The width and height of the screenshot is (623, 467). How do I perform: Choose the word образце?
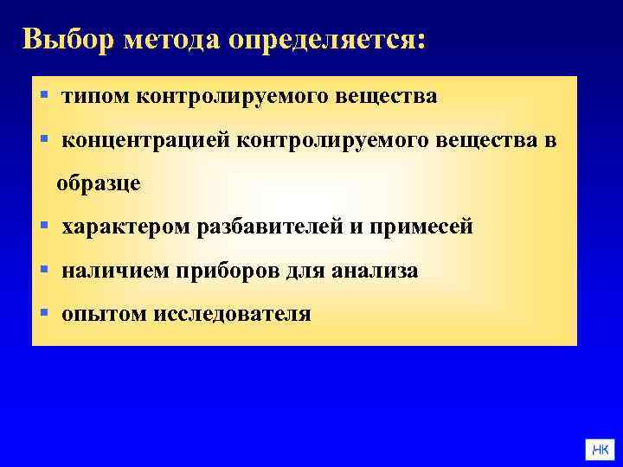point(99,184)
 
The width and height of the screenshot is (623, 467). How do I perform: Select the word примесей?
point(423,228)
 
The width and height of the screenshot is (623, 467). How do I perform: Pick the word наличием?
point(117,272)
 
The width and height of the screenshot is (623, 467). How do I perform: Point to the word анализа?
point(374,272)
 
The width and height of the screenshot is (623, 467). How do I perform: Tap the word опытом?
point(104,315)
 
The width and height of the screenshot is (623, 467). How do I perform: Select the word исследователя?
point(232,315)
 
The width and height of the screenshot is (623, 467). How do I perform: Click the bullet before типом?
point(44,95)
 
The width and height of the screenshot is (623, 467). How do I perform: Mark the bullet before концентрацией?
point(44,138)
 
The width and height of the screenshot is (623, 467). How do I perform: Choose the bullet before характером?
point(44,227)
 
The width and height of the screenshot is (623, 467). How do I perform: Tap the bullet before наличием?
point(44,270)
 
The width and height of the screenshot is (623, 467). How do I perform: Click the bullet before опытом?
point(44,313)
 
